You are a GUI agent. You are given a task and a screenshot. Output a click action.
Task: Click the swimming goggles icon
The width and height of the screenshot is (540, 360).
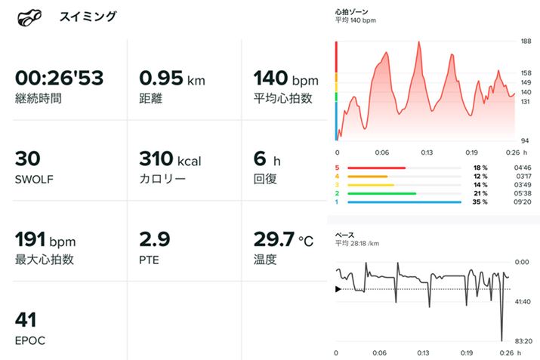pos(28,17)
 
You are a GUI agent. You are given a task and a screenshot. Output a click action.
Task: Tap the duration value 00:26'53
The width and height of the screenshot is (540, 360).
pos(59,78)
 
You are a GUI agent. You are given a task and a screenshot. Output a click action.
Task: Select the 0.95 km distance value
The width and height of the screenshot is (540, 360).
pos(171,78)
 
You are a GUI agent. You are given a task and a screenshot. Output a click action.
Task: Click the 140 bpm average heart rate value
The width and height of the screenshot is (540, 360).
pos(285,78)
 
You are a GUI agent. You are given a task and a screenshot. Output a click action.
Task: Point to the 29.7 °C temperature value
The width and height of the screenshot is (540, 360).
pos(282,240)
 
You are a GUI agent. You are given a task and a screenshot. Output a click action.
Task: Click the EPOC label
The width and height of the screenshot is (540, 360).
pos(30,340)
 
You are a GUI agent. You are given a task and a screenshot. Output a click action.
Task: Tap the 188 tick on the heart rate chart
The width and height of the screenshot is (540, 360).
pos(526,42)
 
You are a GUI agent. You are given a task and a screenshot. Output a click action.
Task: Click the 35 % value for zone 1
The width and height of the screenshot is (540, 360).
pos(480,202)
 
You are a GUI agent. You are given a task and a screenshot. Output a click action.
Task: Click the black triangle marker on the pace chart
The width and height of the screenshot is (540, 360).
pos(338,288)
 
